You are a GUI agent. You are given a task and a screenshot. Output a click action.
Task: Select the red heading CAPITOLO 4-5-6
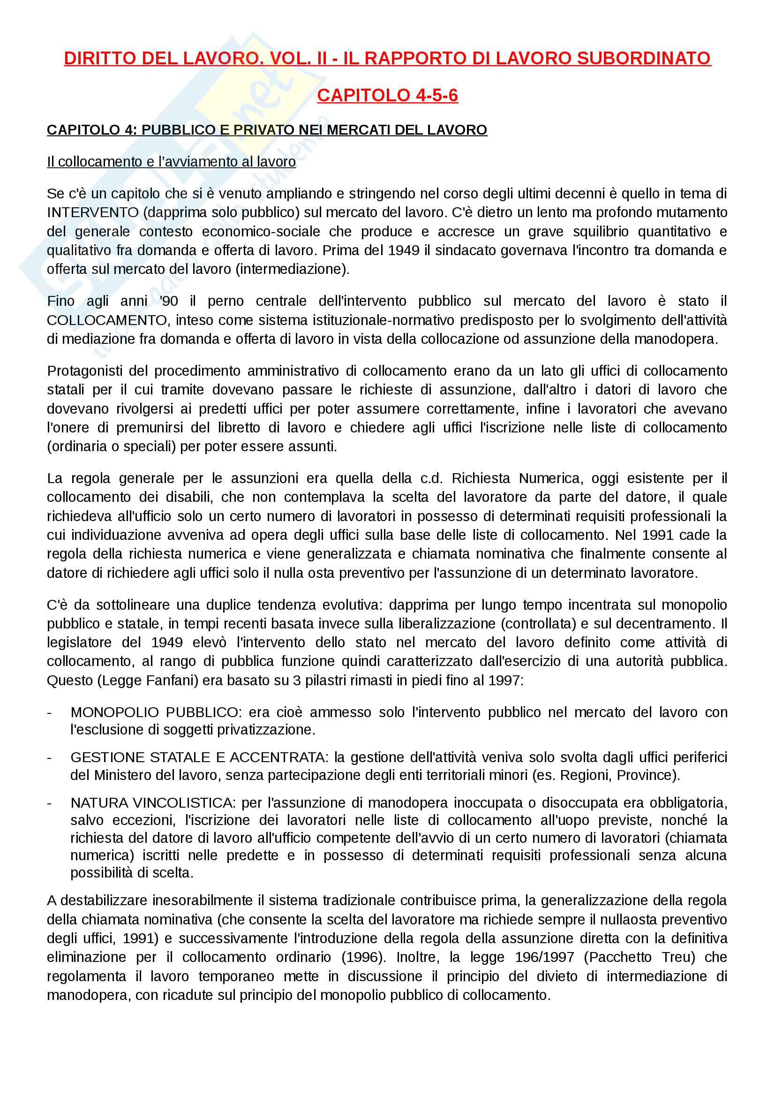[x=387, y=95]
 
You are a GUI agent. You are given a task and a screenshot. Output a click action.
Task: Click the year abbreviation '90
[x=169, y=301]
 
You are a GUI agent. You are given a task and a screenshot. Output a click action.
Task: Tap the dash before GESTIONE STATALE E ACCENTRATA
[x=49, y=757]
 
